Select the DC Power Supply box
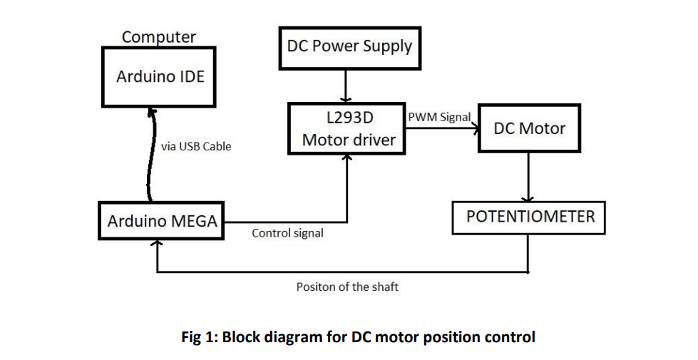tap(349, 48)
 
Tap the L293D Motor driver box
tap(347, 129)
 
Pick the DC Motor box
tap(528, 128)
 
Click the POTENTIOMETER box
tap(528, 217)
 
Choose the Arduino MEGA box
tap(162, 222)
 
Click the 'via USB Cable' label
tap(196, 146)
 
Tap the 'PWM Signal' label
tap(438, 117)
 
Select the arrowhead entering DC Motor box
tap(473, 129)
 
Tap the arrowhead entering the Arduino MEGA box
tap(157, 245)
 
